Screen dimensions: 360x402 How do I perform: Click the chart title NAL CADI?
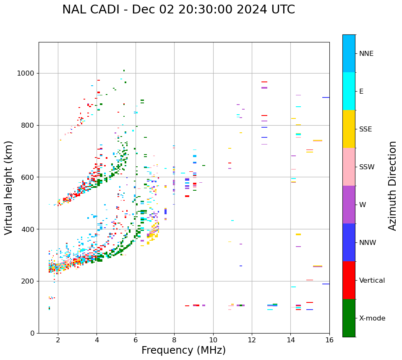(178, 10)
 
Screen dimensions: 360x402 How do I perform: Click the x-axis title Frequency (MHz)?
(183, 350)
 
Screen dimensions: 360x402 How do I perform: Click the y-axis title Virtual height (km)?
(9, 187)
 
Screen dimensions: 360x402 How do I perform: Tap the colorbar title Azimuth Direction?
(392, 186)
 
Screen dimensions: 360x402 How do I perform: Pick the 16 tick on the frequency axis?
(329, 340)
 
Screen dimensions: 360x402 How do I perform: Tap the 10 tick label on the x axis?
(213, 340)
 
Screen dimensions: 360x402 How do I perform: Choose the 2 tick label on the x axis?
(58, 340)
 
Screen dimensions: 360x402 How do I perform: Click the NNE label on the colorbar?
(366, 54)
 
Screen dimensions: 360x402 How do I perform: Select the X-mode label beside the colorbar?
(372, 318)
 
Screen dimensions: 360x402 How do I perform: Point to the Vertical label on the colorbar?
(372, 281)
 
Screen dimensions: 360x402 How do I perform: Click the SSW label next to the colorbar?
(367, 167)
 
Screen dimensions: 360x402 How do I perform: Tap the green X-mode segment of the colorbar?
(349, 318)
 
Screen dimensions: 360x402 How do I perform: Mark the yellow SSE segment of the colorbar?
(349, 129)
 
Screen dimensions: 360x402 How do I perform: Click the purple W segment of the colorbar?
(349, 205)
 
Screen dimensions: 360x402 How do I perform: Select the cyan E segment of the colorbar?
(349, 91)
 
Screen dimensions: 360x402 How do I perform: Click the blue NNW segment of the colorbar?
(349, 242)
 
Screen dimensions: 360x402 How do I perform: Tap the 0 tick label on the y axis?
(32, 333)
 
